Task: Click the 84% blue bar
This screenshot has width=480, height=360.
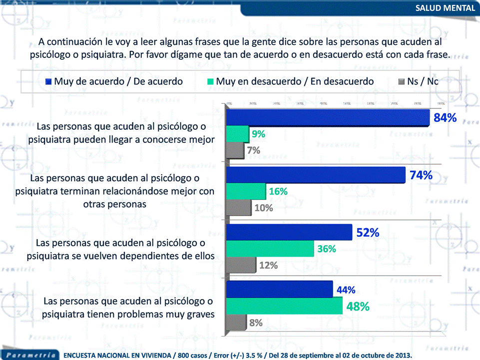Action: [328, 118]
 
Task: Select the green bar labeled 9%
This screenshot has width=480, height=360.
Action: [238, 134]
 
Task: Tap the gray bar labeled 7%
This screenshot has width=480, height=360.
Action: [235, 150]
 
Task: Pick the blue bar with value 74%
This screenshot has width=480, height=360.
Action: [316, 175]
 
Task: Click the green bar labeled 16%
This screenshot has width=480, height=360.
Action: [246, 191]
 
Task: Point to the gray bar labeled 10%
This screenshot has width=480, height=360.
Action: [239, 207]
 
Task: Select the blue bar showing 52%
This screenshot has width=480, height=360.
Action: [289, 232]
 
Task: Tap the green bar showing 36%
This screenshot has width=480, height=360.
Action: [270, 249]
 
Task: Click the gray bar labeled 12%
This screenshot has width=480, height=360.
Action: [242, 265]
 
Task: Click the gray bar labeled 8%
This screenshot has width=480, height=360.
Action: [237, 322]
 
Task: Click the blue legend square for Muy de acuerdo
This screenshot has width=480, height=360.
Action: [48, 81]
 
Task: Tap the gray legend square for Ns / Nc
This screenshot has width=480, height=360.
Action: [401, 81]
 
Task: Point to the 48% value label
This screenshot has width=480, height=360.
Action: [358, 307]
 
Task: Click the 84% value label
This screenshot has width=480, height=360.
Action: [445, 118]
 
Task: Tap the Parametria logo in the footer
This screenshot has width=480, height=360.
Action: [27, 355]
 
